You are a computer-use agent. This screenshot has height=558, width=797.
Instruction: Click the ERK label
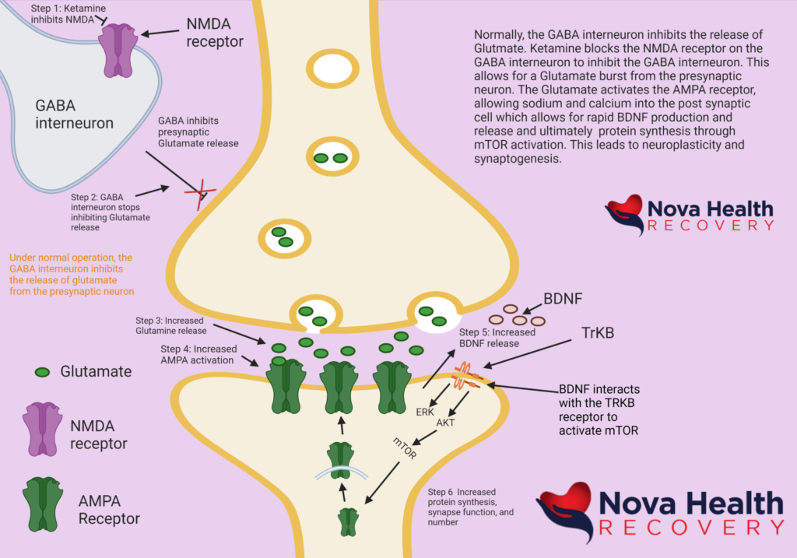425,412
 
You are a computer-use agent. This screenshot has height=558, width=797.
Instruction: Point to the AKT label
446,423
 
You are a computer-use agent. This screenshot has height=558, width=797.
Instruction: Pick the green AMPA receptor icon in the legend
44,503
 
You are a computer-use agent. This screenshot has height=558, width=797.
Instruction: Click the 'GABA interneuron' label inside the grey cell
75,114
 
